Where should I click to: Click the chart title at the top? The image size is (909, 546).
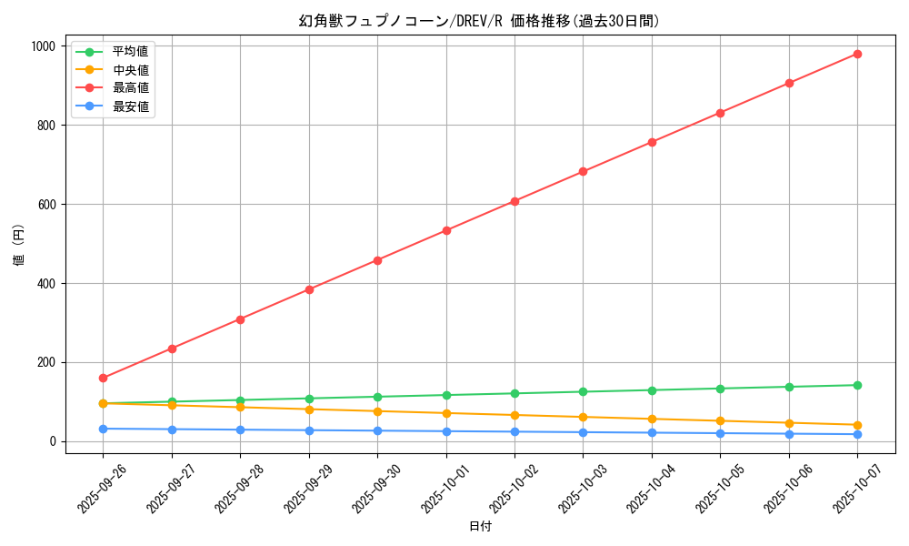[480, 21]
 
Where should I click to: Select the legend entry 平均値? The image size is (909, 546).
[130, 51]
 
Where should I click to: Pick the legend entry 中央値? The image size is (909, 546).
[130, 69]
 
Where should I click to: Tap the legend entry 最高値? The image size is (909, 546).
[130, 88]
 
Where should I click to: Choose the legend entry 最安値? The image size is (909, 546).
[130, 106]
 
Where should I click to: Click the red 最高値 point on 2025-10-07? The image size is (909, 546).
[857, 54]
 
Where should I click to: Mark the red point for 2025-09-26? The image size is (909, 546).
[103, 378]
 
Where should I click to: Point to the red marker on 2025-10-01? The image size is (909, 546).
[446, 230]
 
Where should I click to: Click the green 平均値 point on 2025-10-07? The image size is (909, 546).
[857, 385]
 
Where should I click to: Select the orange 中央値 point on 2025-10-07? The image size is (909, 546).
[857, 425]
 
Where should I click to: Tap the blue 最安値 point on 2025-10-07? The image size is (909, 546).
[857, 434]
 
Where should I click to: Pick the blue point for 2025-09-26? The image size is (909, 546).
[103, 429]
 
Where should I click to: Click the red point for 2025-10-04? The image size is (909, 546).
[652, 142]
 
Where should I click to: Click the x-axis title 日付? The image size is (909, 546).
[480, 527]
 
